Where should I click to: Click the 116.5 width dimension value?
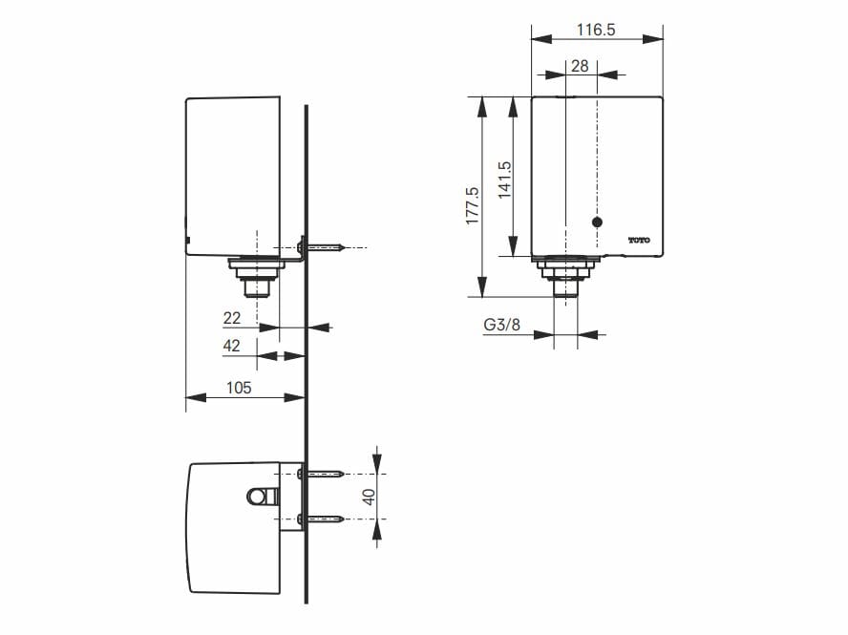597,30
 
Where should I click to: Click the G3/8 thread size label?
501,326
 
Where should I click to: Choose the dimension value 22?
232,318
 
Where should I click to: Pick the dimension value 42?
232,347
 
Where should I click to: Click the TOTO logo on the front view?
638,240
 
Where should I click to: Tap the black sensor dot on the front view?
598,222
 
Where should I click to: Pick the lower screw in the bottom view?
323,519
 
